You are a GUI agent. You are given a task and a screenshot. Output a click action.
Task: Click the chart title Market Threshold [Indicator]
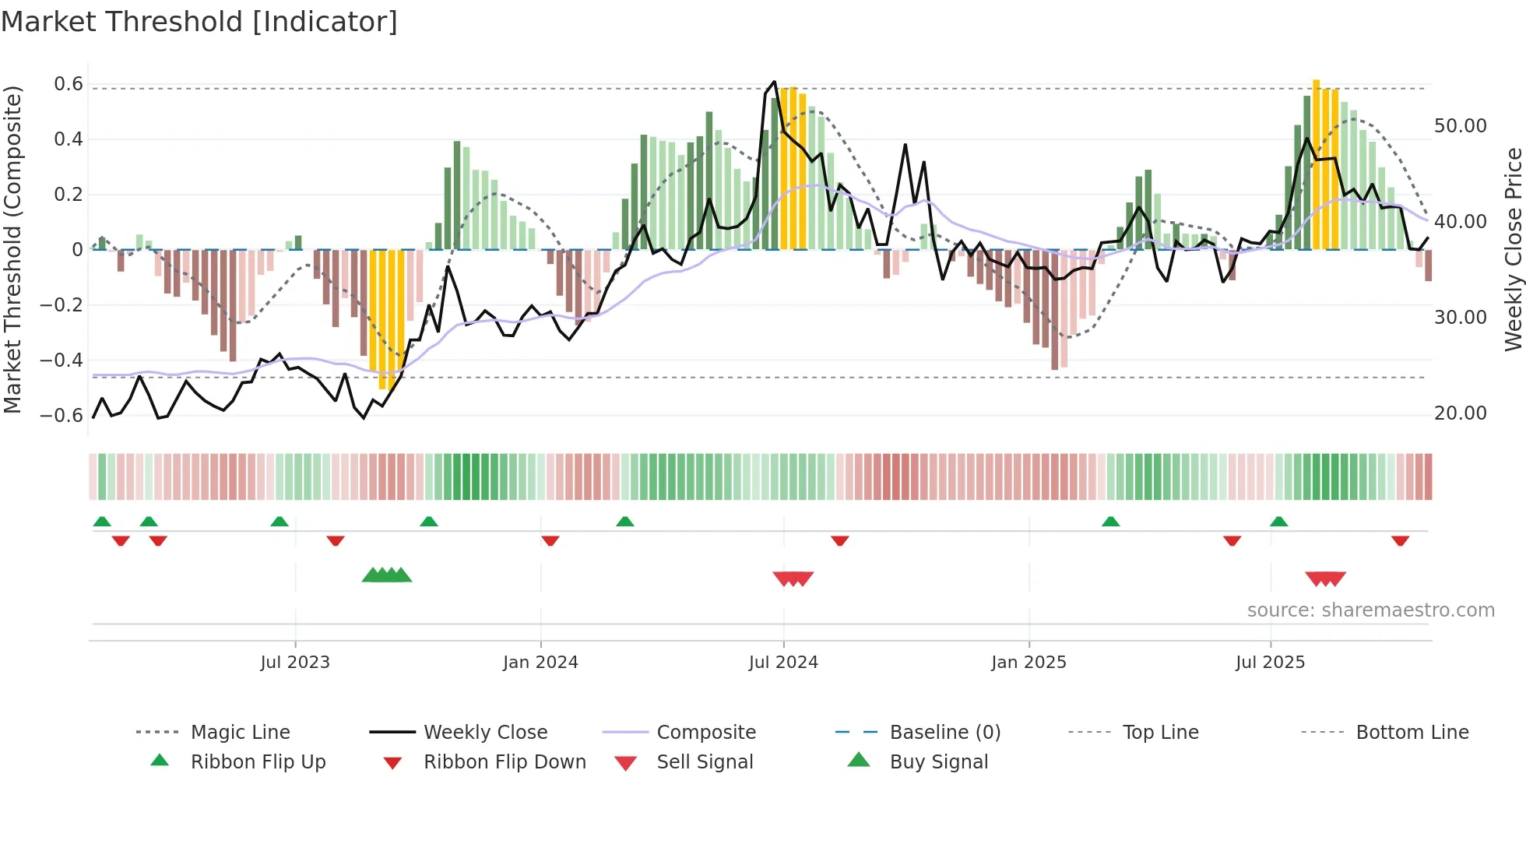(x=199, y=22)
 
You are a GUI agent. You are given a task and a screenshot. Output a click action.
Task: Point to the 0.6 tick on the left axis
(x=69, y=84)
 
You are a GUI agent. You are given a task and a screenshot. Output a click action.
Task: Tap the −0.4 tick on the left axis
(x=62, y=360)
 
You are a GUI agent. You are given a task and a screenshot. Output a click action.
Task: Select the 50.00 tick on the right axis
(x=1461, y=126)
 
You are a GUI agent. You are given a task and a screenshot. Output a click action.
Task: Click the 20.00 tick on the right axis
(x=1461, y=413)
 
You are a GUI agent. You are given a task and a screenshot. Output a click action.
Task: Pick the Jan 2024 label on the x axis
(x=540, y=663)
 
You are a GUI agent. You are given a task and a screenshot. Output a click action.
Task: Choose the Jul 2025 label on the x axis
(x=1270, y=663)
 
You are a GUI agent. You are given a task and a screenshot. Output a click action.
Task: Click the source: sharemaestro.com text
(x=1370, y=610)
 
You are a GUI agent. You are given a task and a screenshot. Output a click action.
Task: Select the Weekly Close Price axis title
(x=1513, y=249)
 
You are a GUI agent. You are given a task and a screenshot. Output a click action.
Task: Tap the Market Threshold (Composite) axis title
(x=12, y=249)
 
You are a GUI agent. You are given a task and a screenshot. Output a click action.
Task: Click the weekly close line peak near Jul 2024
(x=774, y=81)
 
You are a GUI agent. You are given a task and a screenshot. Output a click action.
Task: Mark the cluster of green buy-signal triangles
(x=387, y=575)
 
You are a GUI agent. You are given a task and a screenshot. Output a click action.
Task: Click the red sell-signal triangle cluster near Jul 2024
(x=793, y=578)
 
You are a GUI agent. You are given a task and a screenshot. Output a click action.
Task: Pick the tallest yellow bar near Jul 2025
(x=1316, y=164)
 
